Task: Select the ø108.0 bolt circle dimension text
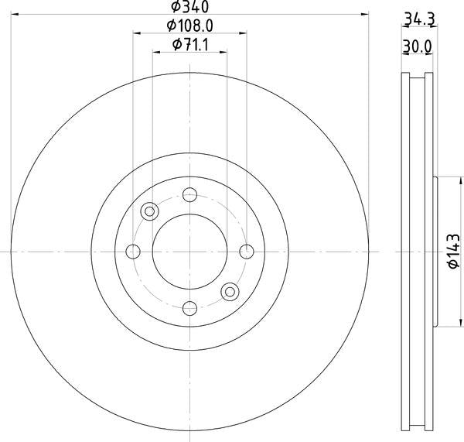point(189,26)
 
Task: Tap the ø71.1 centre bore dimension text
point(189,46)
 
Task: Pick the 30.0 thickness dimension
point(417,46)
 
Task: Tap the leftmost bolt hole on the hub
point(132,251)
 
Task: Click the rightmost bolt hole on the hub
point(247,251)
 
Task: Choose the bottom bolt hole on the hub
point(189,308)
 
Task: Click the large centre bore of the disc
point(189,251)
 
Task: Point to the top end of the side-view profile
point(417,76)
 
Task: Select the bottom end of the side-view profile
point(417,428)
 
